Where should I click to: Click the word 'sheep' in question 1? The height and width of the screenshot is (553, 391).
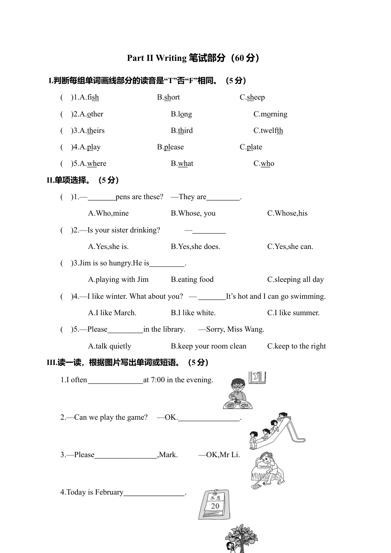pyautogui.click(x=256, y=98)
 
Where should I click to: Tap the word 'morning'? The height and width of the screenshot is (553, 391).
pyautogui.click(x=274, y=114)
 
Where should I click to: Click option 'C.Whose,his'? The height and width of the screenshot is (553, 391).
pyautogui.click(x=287, y=213)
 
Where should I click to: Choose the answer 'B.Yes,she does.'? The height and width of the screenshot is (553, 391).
pyautogui.click(x=195, y=246)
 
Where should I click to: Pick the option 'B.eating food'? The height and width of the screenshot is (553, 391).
pyautogui.click(x=192, y=279)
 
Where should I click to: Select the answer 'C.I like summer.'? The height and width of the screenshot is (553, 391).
pyautogui.click(x=293, y=313)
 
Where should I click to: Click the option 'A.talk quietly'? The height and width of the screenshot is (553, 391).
pyautogui.click(x=109, y=346)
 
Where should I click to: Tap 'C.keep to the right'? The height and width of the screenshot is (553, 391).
pyautogui.click(x=296, y=346)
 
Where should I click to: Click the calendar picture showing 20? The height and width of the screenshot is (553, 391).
pyautogui.click(x=214, y=504)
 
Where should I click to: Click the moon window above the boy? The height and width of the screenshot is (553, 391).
pyautogui.click(x=257, y=377)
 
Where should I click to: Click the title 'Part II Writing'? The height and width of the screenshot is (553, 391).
pyautogui.click(x=156, y=58)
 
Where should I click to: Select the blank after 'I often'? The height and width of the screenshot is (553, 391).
pyautogui.click(x=115, y=380)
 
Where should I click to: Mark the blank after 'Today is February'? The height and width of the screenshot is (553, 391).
pyautogui.click(x=154, y=493)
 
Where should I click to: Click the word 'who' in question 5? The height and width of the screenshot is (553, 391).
pyautogui.click(x=268, y=164)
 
